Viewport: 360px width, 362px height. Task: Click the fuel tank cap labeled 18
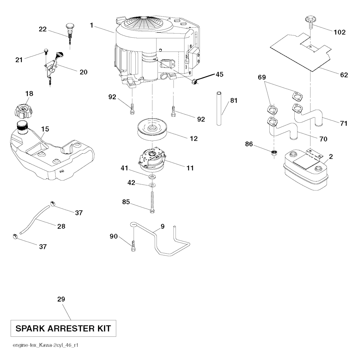pos(22,110)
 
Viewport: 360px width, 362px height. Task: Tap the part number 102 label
pos(340,32)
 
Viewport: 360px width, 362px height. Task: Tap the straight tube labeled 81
pos(219,108)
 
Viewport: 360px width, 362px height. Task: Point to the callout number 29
pos(61,299)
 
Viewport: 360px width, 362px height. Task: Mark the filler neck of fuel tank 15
pos(22,128)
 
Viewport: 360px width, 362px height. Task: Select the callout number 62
pos(344,75)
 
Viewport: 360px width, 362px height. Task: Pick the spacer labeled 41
pos(152,177)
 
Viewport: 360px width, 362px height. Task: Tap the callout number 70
pos(323,139)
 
